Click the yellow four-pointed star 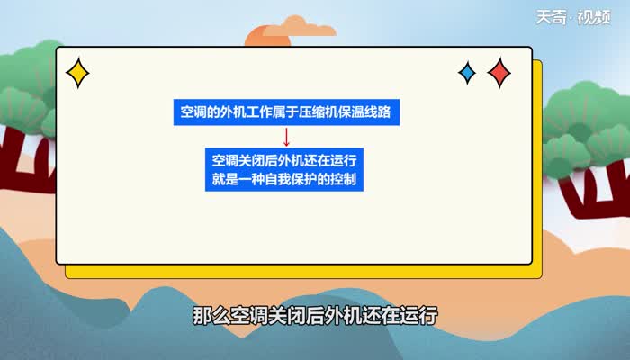coord(78,73)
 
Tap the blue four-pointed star coord(467,73)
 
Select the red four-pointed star coord(499,72)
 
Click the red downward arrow coord(286,136)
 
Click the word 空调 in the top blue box coord(193,112)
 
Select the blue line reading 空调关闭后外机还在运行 coord(285,161)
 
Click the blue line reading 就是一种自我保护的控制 coord(285,179)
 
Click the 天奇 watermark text coord(551,18)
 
